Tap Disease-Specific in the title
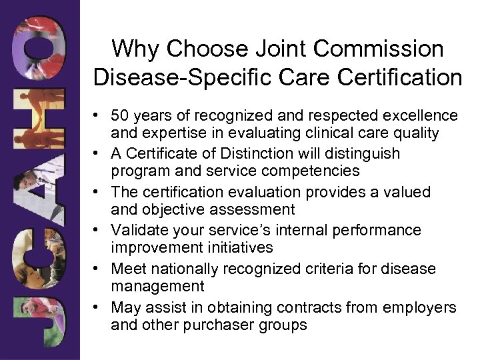[x=173, y=77]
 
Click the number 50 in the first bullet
[x=121, y=115]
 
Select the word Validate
[x=137, y=230]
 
